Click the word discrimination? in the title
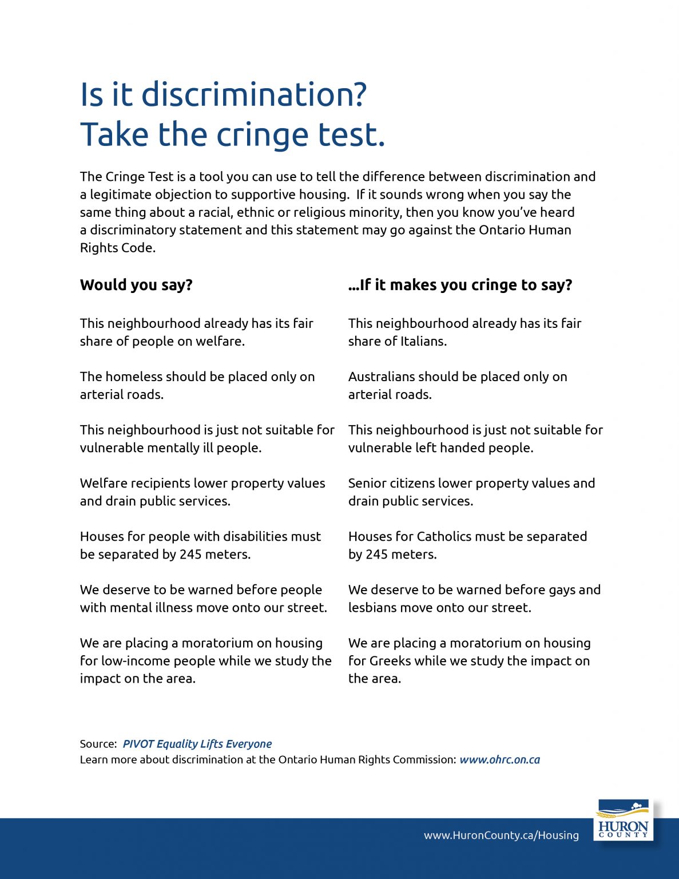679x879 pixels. click(254, 94)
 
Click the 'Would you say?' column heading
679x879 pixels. click(136, 285)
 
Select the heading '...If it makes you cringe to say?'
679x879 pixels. click(460, 285)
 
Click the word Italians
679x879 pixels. click(423, 342)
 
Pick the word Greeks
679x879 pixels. click(390, 661)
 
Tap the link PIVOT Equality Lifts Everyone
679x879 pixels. click(197, 744)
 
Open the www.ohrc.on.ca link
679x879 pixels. click(499, 760)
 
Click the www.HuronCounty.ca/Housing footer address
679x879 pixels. click(501, 836)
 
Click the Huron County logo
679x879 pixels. click(623, 819)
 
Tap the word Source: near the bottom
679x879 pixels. click(98, 744)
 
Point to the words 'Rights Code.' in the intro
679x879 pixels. click(118, 248)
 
